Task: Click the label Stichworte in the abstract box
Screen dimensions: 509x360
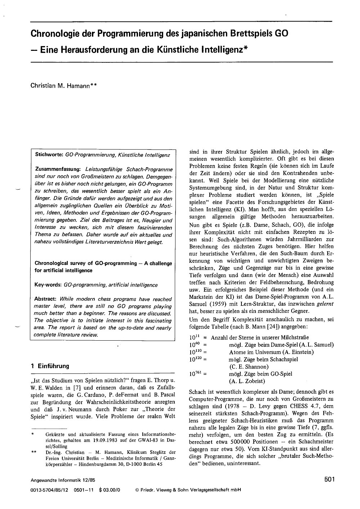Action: [49, 154]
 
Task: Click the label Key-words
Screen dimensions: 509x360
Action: [48, 285]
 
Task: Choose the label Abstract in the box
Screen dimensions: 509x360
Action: [45, 299]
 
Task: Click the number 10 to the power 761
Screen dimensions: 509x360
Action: [195, 374]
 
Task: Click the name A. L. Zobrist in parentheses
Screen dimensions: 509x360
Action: [247, 381]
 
